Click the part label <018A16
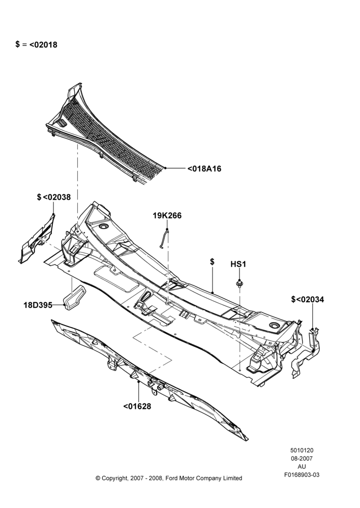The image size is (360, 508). pyautogui.click(x=204, y=169)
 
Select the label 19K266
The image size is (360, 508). pyautogui.click(x=167, y=215)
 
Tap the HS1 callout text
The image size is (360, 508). pyautogui.click(x=238, y=264)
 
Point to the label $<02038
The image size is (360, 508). pyautogui.click(x=53, y=197)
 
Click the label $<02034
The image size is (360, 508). pyautogui.click(x=308, y=299)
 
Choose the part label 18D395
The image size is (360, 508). pyautogui.click(x=38, y=305)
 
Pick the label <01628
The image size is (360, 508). pyautogui.click(x=137, y=406)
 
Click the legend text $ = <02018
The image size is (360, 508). pyautogui.click(x=36, y=44)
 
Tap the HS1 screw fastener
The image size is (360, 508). pyautogui.click(x=239, y=283)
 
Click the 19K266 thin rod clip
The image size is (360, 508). pyautogui.click(x=164, y=238)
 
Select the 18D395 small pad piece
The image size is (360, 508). pyautogui.click(x=75, y=297)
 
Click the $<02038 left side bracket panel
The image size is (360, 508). pyautogui.click(x=36, y=239)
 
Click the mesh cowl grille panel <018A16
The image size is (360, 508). pyautogui.click(x=107, y=136)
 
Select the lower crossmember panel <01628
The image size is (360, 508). pyautogui.click(x=149, y=379)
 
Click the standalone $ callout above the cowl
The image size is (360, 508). pyautogui.click(x=212, y=262)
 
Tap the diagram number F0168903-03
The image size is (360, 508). pyautogui.click(x=302, y=475)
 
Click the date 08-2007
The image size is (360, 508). pyautogui.click(x=302, y=458)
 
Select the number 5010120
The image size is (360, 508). pyautogui.click(x=302, y=450)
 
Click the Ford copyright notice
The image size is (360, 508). pyautogui.click(x=169, y=478)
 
